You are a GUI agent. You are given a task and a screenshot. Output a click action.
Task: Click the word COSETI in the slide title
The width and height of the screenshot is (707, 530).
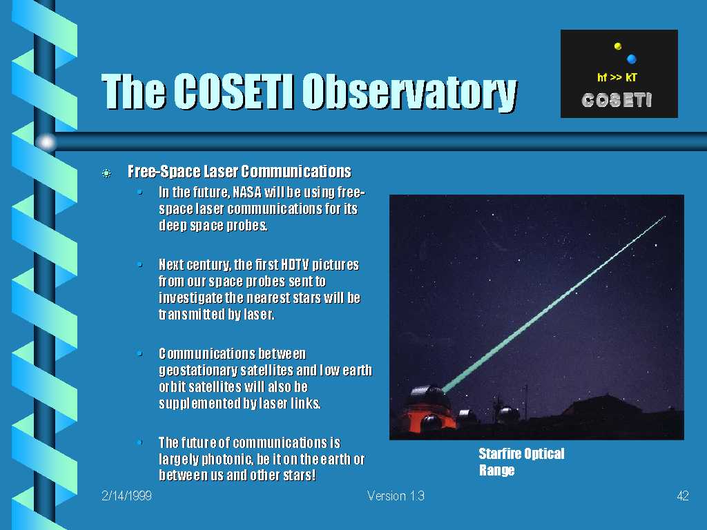(233, 91)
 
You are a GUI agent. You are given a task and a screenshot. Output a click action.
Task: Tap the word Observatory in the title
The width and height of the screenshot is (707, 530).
(409, 92)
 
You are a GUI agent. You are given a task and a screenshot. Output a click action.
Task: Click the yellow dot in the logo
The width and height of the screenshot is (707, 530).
(618, 46)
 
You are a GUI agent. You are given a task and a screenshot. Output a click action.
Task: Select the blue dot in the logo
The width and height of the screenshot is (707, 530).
(631, 59)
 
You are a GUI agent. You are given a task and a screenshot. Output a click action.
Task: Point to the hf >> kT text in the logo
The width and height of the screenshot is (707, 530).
(617, 77)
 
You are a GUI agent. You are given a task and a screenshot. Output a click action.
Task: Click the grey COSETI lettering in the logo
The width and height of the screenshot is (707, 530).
(617, 100)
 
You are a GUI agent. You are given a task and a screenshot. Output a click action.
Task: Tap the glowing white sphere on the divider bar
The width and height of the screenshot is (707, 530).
(46, 142)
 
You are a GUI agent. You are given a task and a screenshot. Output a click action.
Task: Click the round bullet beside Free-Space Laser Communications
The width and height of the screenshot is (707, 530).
(106, 173)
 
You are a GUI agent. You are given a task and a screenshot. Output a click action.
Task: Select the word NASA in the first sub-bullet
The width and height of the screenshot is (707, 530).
(247, 193)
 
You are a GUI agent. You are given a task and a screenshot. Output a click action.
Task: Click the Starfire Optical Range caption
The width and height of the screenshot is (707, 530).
(521, 462)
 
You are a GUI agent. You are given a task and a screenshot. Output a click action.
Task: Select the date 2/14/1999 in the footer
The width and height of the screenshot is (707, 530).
(127, 495)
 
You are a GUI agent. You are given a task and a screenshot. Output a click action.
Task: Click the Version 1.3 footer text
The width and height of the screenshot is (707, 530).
(396, 496)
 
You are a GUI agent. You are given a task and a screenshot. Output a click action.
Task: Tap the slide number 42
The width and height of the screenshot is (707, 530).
(683, 496)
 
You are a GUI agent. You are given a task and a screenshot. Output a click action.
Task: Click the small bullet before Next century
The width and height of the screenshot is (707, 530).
(140, 264)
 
